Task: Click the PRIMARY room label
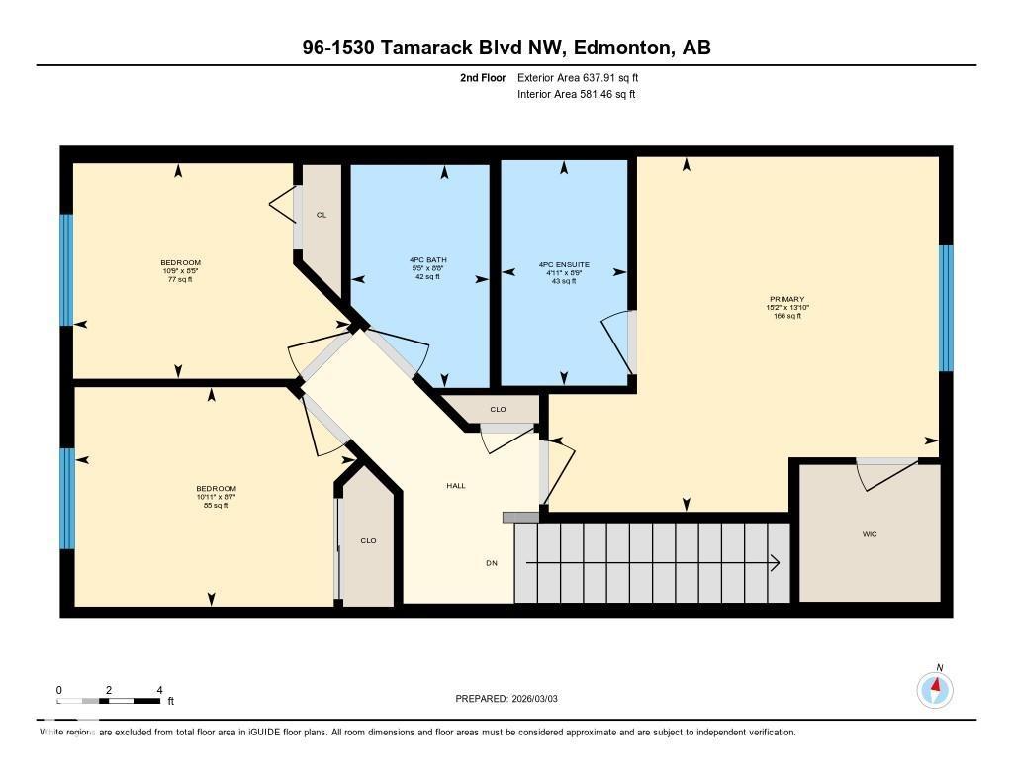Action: (787, 299)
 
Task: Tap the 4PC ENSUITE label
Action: (564, 264)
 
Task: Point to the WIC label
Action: (870, 534)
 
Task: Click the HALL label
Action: (455, 486)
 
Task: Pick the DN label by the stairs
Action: (491, 563)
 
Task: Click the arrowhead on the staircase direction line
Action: (775, 563)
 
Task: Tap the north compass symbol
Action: (935, 687)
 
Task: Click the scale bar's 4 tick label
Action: (159, 690)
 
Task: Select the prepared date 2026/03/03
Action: (541, 699)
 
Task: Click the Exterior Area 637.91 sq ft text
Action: (585, 77)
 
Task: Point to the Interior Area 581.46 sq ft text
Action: (576, 95)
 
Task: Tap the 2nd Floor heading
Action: (483, 77)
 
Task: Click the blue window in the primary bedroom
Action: (945, 308)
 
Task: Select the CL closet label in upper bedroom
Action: (322, 215)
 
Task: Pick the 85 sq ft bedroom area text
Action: (216, 506)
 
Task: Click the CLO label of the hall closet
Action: (498, 409)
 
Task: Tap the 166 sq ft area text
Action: (787, 316)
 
